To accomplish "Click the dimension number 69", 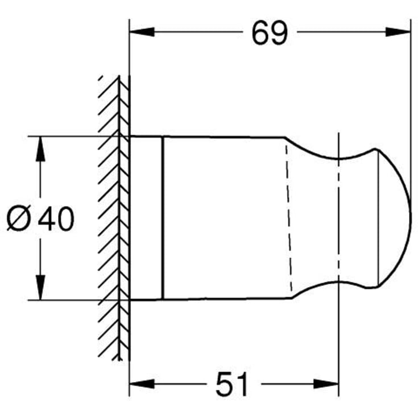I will click(x=270, y=34).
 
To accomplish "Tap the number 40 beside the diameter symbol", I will click(x=56, y=219).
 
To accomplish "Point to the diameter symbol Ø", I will click(x=19, y=219).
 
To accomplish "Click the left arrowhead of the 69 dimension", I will click(x=139, y=32).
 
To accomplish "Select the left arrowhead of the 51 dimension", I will click(x=139, y=383).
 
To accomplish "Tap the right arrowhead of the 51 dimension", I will click(x=329, y=383).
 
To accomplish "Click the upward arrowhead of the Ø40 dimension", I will click(x=40, y=147).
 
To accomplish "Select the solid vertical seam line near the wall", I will click(x=163, y=219).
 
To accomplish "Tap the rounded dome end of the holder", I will click(x=398, y=219).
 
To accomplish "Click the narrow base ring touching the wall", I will click(x=147, y=219).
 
